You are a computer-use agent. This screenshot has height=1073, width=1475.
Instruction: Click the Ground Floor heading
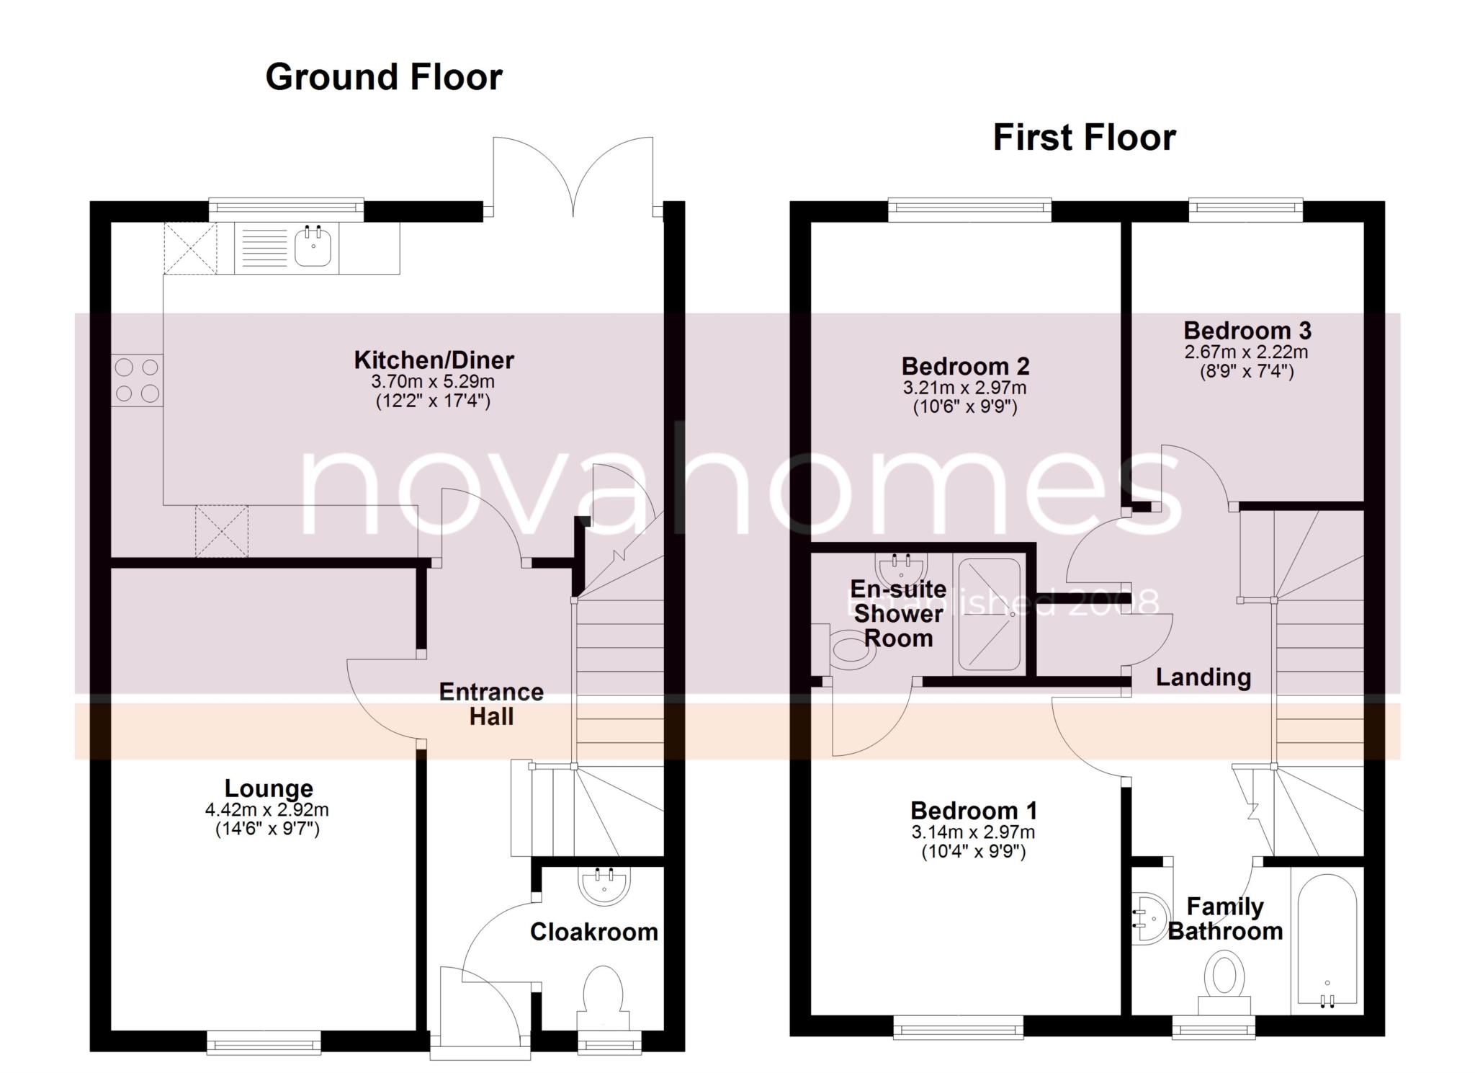pyautogui.click(x=383, y=77)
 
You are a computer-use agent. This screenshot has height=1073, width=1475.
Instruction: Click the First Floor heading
pyautogui.click(x=1084, y=138)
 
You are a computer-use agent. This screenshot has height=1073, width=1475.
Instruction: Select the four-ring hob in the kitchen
pyautogui.click(x=137, y=380)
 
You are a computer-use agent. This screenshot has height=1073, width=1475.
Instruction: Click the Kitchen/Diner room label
pyautogui.click(x=434, y=360)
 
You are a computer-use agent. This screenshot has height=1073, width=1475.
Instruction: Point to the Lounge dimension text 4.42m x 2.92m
pyautogui.click(x=267, y=809)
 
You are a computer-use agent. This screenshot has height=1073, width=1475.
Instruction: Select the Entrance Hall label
pyautogui.click(x=491, y=704)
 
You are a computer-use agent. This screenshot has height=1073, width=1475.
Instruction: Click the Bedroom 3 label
pyautogui.click(x=1247, y=331)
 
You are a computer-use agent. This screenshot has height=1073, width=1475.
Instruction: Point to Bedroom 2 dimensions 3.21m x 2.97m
pyautogui.click(x=965, y=388)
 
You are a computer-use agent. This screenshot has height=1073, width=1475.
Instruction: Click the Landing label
pyautogui.click(x=1203, y=677)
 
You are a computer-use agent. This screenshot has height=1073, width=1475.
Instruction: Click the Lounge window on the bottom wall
pyautogui.click(x=264, y=1042)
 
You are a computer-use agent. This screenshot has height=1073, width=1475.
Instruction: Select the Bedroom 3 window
pyautogui.click(x=1245, y=210)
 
